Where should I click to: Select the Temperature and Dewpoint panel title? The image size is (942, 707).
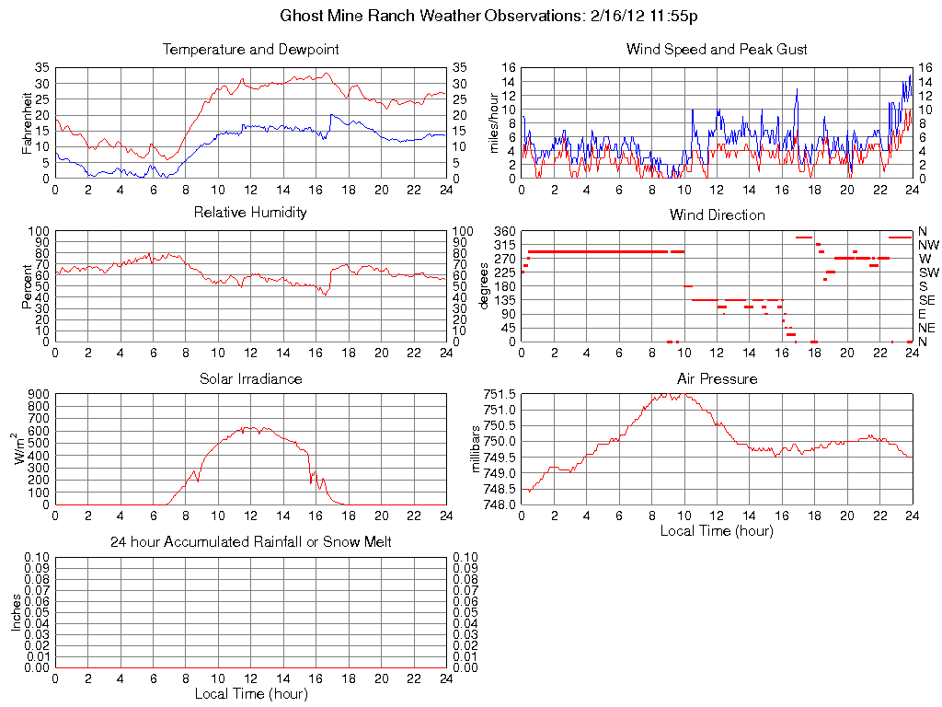(250, 49)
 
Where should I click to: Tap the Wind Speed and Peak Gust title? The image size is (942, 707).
(717, 49)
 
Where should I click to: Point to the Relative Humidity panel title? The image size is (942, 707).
(250, 213)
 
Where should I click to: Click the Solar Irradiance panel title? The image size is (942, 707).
(250, 378)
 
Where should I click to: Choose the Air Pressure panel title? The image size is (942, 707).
(717, 378)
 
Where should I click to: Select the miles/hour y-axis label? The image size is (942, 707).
(494, 122)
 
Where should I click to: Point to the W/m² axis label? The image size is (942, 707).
(25, 448)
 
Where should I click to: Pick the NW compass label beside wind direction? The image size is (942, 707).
(927, 245)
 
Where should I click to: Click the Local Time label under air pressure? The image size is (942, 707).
(717, 530)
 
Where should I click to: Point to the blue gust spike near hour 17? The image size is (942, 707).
(797, 89)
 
